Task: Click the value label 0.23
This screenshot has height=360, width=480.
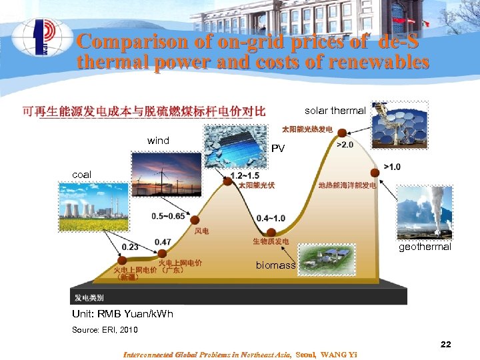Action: click(130, 247)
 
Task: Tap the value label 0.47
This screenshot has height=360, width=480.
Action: click(163, 241)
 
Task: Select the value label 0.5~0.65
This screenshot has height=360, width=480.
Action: click(168, 216)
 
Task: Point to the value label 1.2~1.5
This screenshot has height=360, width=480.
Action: click(244, 175)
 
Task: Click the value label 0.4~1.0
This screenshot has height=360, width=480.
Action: click(271, 218)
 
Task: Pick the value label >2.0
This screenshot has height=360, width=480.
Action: click(345, 145)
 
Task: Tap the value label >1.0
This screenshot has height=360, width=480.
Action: click(392, 167)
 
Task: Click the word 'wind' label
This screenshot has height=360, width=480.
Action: click(158, 141)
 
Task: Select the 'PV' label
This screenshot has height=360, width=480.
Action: click(278, 149)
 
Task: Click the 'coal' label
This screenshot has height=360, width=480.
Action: click(81, 175)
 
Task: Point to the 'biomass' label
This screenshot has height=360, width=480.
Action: click(275, 265)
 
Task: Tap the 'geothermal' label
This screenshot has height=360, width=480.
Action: click(425, 247)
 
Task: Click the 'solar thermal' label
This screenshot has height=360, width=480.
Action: click(335, 111)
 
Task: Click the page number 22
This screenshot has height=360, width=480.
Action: click(445, 345)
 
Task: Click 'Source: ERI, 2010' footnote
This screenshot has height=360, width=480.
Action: click(105, 330)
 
